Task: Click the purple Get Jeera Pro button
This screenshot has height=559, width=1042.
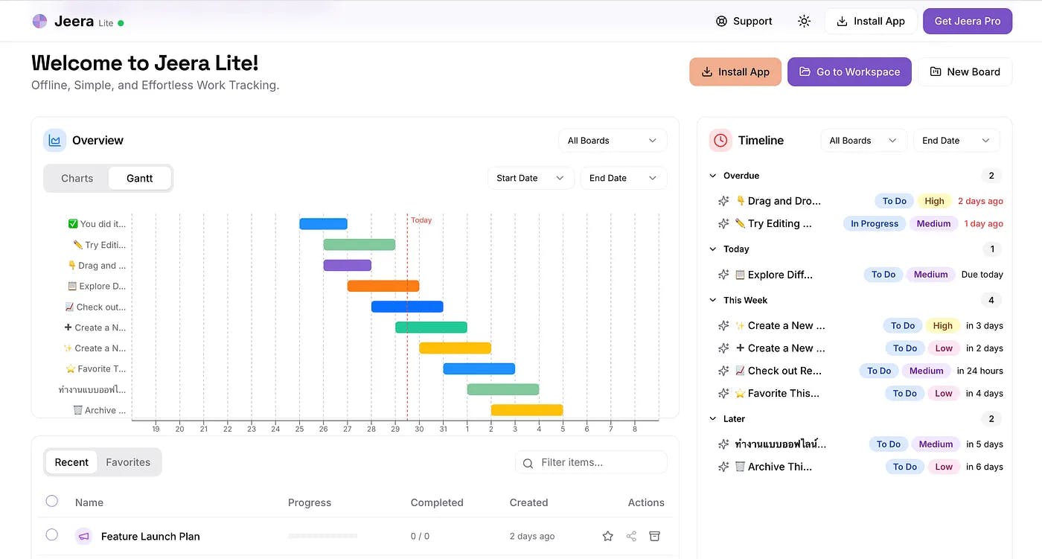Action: coord(967,21)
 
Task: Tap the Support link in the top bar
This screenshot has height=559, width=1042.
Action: coord(744,21)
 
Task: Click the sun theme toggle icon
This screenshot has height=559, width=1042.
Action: coord(804,21)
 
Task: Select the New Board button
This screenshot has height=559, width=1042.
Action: coord(965,71)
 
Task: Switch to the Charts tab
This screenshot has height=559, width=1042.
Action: coord(77,178)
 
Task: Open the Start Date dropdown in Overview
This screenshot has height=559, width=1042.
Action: coord(530,178)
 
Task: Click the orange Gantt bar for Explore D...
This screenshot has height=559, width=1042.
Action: coord(383,286)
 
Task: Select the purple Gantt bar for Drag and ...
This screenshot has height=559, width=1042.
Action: coord(347,265)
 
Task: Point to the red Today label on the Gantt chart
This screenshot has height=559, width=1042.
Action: coord(421,220)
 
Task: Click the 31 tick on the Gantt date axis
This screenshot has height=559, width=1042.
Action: coord(444,429)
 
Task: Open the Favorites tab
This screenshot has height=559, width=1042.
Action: coord(128,462)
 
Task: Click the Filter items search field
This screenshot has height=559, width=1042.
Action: coord(591,462)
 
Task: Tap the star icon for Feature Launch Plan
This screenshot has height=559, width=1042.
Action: coord(607,536)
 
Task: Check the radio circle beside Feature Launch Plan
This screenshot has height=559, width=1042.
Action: coord(52,534)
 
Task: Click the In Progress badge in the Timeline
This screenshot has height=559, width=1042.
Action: coord(875,223)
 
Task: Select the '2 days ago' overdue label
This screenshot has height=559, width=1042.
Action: coord(980,201)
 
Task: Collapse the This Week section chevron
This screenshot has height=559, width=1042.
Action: coord(713,300)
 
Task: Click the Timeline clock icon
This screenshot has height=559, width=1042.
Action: coord(720,140)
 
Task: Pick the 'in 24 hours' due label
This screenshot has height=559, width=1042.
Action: coord(979,371)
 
